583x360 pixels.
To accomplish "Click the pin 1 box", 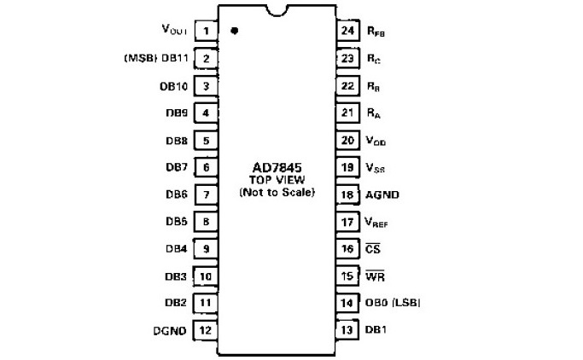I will click(206, 32).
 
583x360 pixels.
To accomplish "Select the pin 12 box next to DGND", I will click(206, 330).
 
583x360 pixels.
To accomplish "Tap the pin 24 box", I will click(347, 32).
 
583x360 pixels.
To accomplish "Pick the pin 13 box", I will click(347, 330).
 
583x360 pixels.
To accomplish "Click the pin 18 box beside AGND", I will click(347, 195).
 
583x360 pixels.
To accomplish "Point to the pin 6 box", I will click(206, 167).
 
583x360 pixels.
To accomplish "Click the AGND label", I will click(382, 195).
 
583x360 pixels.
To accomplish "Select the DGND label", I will click(170, 330).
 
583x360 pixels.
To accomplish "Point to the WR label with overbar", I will click(374, 276).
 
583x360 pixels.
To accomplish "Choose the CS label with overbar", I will click(372, 248).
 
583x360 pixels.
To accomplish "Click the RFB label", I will click(376, 32).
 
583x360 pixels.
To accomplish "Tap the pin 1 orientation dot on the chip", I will click(233, 32).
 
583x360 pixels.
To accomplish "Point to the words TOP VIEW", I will click(277, 180).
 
